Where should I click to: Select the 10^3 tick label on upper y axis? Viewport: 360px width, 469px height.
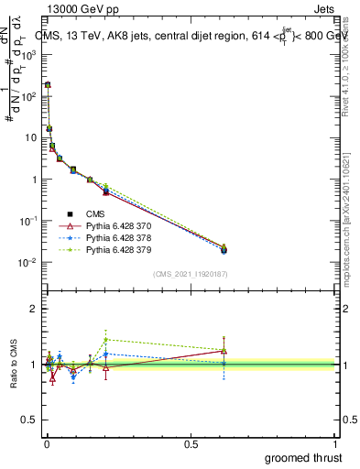(x=29, y=54)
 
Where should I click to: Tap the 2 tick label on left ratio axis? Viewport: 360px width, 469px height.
(x=34, y=309)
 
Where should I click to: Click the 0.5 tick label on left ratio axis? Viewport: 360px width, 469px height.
(x=30, y=420)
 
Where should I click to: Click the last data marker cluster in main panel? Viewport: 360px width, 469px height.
(x=224, y=248)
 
